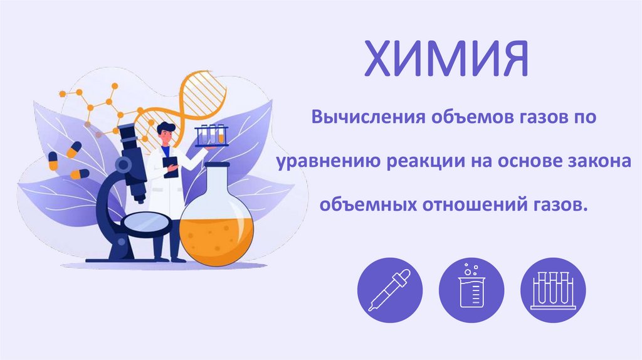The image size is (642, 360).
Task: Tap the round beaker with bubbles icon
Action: coord(471,289)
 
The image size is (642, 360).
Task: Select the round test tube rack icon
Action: coord(553,289)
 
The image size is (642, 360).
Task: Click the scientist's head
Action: coord(164,132)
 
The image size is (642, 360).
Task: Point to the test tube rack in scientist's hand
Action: coord(211,135)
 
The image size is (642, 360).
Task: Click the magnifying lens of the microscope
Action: coord(148,223)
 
